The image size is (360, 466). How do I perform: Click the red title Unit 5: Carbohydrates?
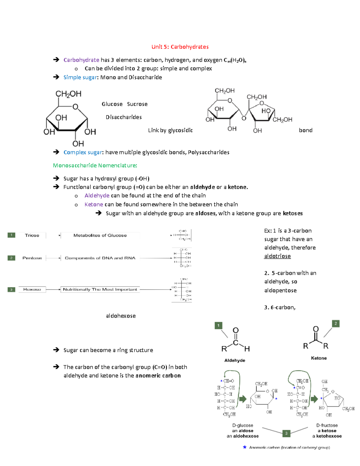[180, 47]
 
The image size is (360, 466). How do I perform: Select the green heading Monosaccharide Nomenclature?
[95, 165]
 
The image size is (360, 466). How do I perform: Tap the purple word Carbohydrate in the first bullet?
[81, 60]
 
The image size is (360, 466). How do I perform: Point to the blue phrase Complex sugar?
[83, 152]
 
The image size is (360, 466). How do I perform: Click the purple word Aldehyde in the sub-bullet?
[97, 196]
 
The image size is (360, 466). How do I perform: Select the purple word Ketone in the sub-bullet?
[94, 205]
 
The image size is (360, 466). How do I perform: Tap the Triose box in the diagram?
[32, 235]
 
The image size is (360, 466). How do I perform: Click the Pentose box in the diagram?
[32, 258]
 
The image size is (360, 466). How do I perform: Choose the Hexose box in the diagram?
[32, 290]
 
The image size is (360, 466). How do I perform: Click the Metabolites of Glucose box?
[100, 235]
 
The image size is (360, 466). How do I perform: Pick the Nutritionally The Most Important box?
[100, 290]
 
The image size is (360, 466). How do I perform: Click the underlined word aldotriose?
[277, 256]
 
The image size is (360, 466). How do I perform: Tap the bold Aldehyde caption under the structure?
[235, 360]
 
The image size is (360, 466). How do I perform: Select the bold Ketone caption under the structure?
[319, 358]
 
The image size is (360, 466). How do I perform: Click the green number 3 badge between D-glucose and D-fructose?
[286, 433]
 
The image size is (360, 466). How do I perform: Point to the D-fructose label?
[327, 425]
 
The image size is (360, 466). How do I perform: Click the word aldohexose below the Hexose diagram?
[121, 316]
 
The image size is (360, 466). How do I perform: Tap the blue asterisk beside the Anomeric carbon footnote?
[244, 447]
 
